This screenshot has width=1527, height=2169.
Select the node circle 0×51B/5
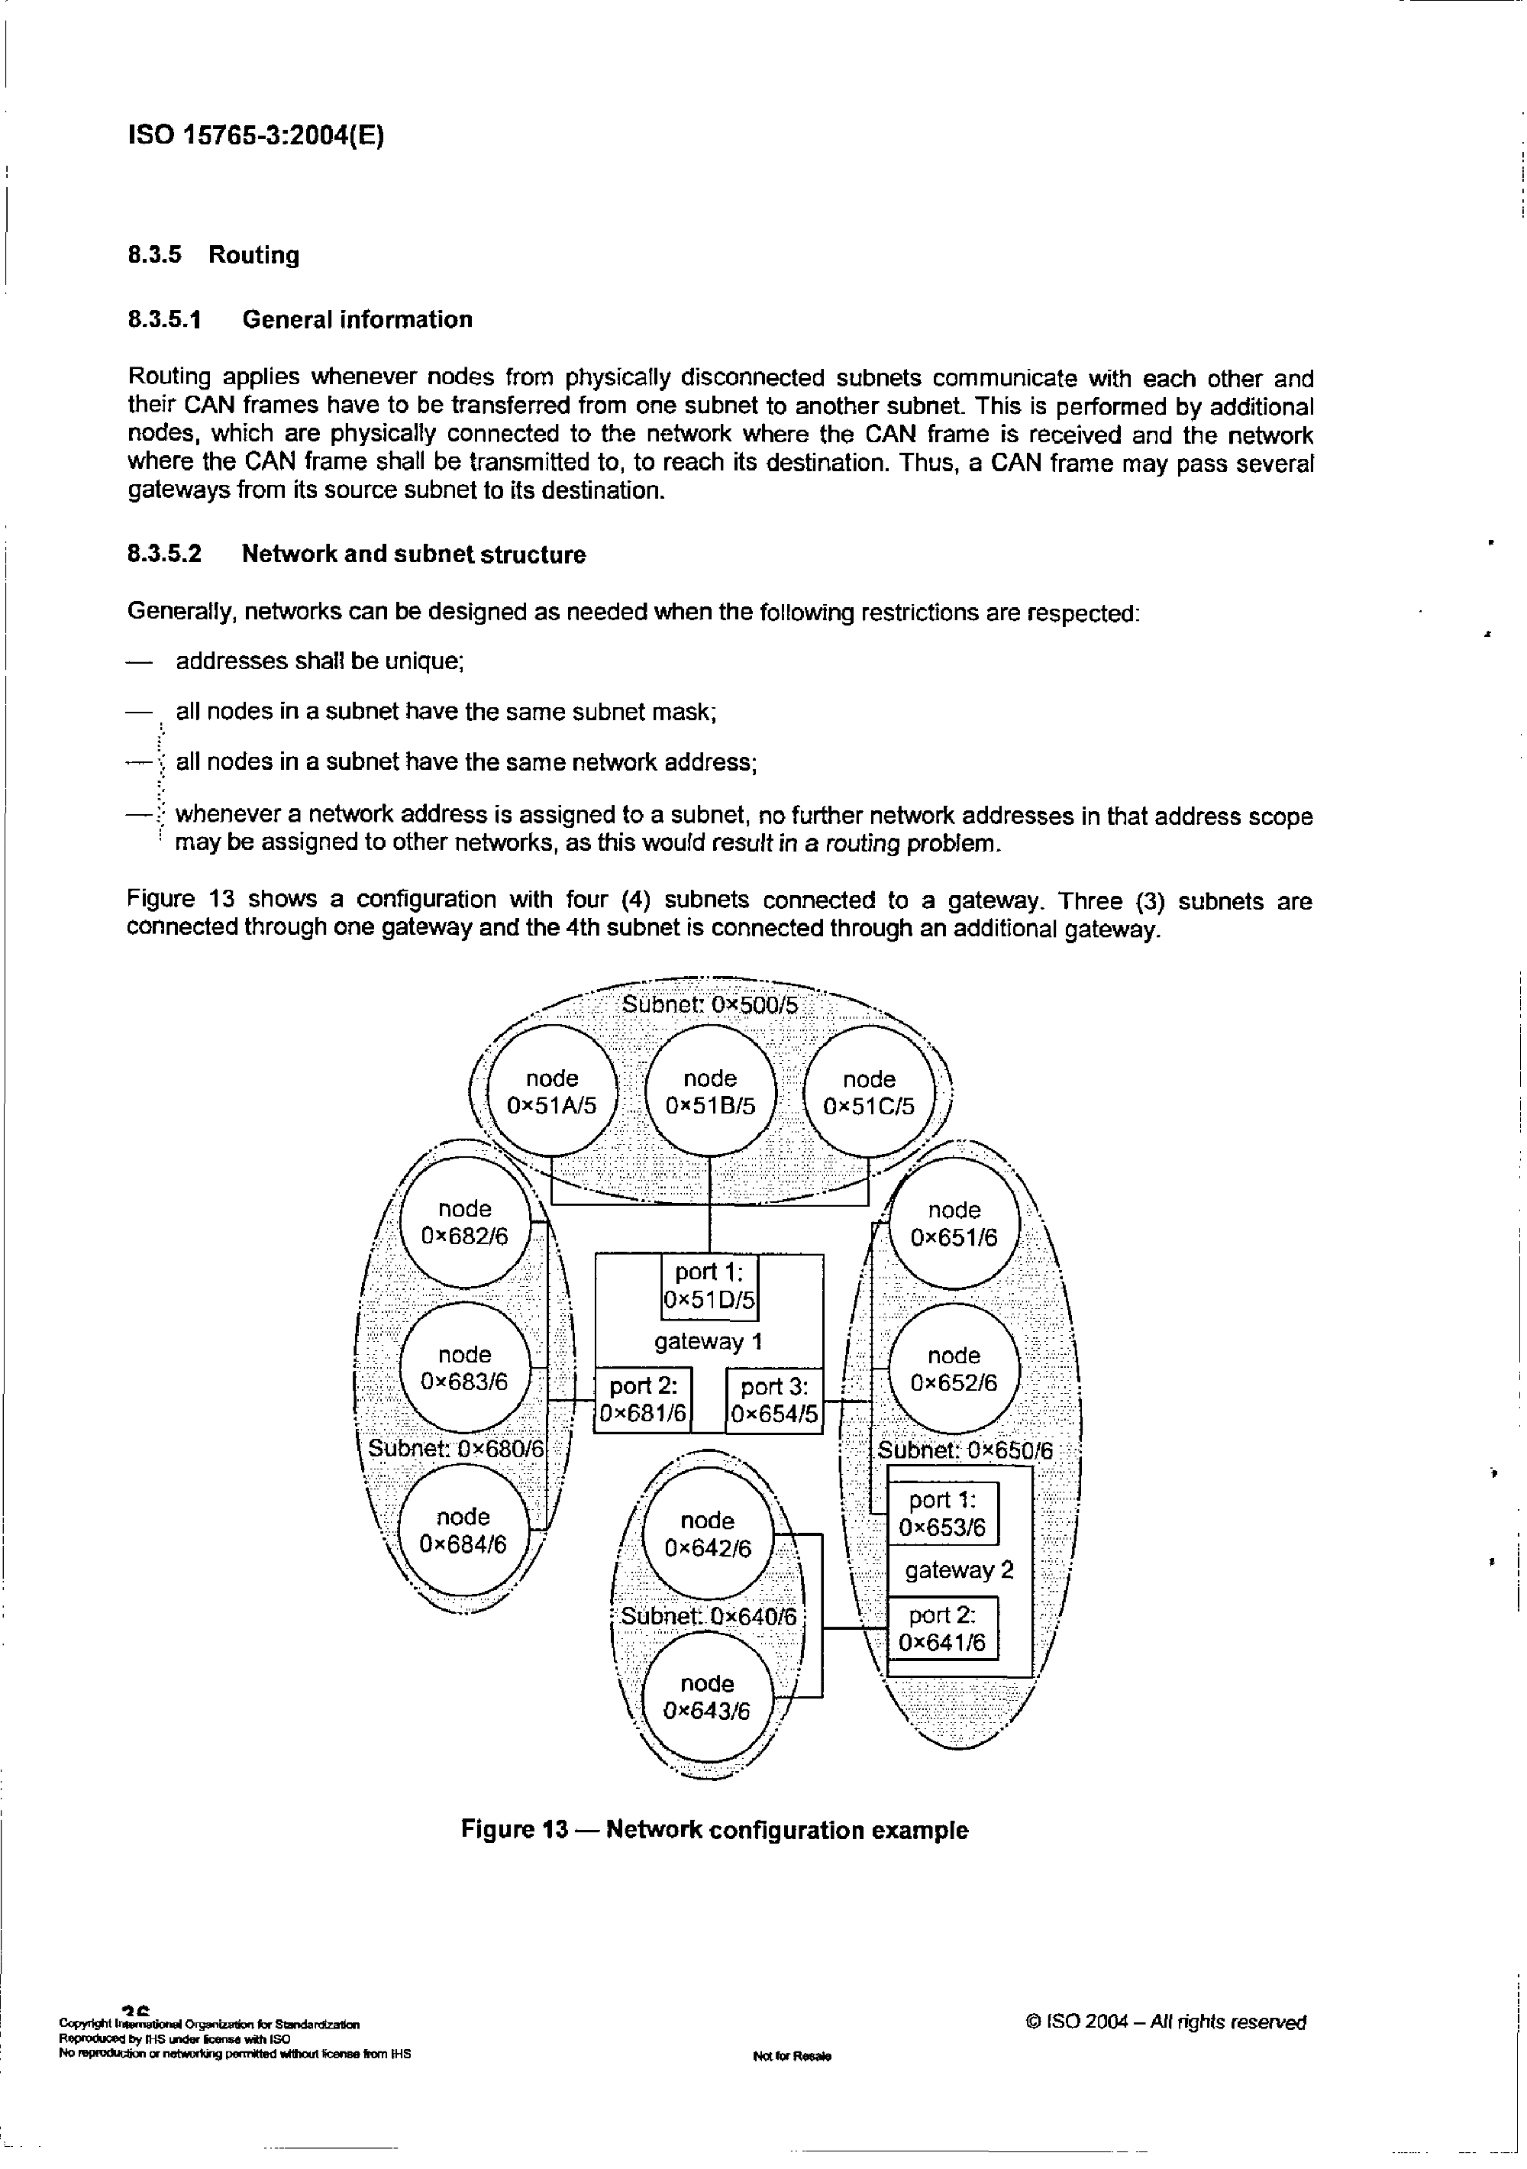pyautogui.click(x=710, y=1092)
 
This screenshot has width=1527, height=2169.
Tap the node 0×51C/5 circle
pyautogui.click(x=869, y=1092)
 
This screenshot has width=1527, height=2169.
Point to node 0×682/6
pyautogui.click(x=465, y=1223)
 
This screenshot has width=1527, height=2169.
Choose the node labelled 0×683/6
pyautogui.click(x=465, y=1368)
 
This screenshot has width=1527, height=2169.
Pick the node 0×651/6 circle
pyautogui.click(x=954, y=1223)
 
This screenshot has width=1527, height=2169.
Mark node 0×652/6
pyautogui.click(x=954, y=1369)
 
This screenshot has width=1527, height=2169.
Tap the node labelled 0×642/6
pyautogui.click(x=707, y=1534)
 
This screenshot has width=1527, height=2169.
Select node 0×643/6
pyautogui.click(x=707, y=1697)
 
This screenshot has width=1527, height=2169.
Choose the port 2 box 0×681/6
pyautogui.click(x=643, y=1400)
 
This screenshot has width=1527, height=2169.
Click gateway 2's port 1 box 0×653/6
pyautogui.click(x=942, y=1514)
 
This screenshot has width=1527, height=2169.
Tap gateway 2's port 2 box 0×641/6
pyautogui.click(x=942, y=1628)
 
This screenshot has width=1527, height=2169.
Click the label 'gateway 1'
pyautogui.click(x=709, y=1341)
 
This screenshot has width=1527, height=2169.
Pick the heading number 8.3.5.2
pyautogui.click(x=165, y=554)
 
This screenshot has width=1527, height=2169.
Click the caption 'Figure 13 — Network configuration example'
pyautogui.click(x=715, y=1831)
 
